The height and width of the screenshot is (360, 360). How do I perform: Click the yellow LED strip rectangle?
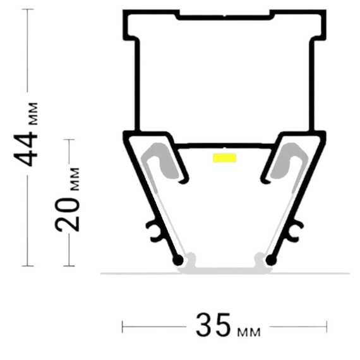point(225,158)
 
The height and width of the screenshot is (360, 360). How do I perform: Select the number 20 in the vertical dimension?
point(67,214)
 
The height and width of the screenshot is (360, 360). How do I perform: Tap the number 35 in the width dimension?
point(213,325)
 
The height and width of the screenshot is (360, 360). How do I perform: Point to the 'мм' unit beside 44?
point(33,114)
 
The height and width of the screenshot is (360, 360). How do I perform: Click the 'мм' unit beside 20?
point(75,179)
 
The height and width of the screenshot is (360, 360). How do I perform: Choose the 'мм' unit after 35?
point(249,332)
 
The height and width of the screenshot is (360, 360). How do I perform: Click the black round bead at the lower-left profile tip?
point(178,260)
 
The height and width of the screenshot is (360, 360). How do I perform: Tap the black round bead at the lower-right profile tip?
point(271,260)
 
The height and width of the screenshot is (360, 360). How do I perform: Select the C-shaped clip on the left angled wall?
point(153,231)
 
